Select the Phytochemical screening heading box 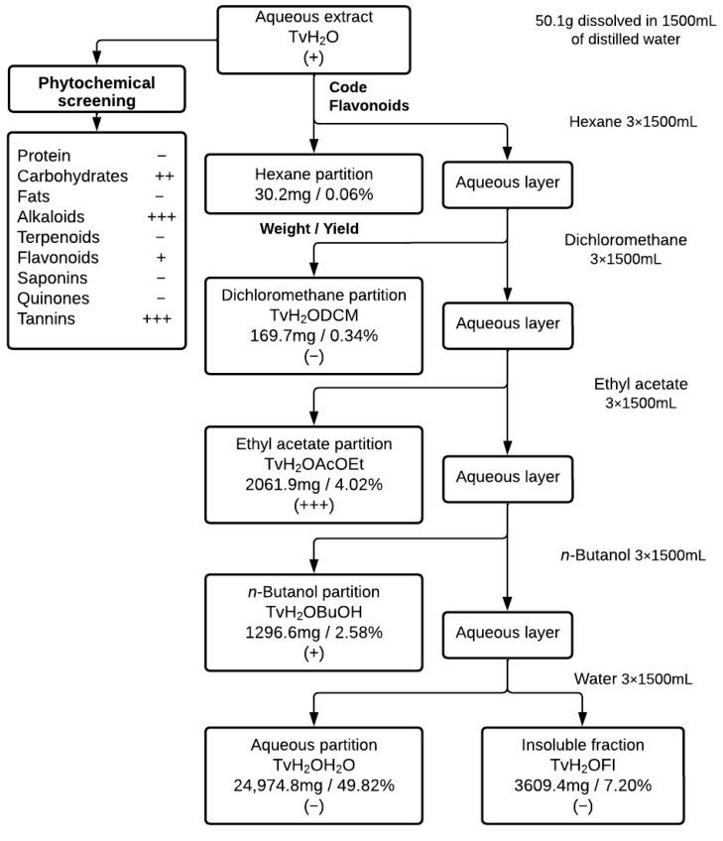(x=97, y=92)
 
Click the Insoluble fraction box (x=582, y=774)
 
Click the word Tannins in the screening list (x=46, y=318)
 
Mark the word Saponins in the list (x=49, y=278)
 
